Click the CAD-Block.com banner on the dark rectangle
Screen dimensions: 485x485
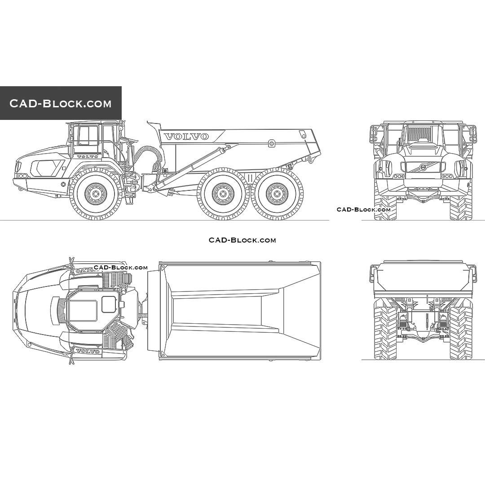click(61, 103)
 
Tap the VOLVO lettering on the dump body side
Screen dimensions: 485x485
click(186, 136)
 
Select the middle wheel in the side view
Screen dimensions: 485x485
click(223, 194)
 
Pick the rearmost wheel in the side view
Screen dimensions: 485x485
click(277, 194)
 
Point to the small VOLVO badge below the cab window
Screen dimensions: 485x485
click(87, 157)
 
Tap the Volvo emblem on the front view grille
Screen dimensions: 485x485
click(423, 167)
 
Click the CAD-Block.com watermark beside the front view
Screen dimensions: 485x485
click(364, 209)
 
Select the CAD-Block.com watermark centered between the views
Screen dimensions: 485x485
click(242, 240)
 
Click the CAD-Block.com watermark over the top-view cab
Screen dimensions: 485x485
click(120, 268)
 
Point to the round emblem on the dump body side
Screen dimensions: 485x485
click(271, 143)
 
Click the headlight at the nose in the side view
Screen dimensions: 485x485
click(18, 167)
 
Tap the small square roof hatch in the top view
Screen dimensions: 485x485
click(109, 304)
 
